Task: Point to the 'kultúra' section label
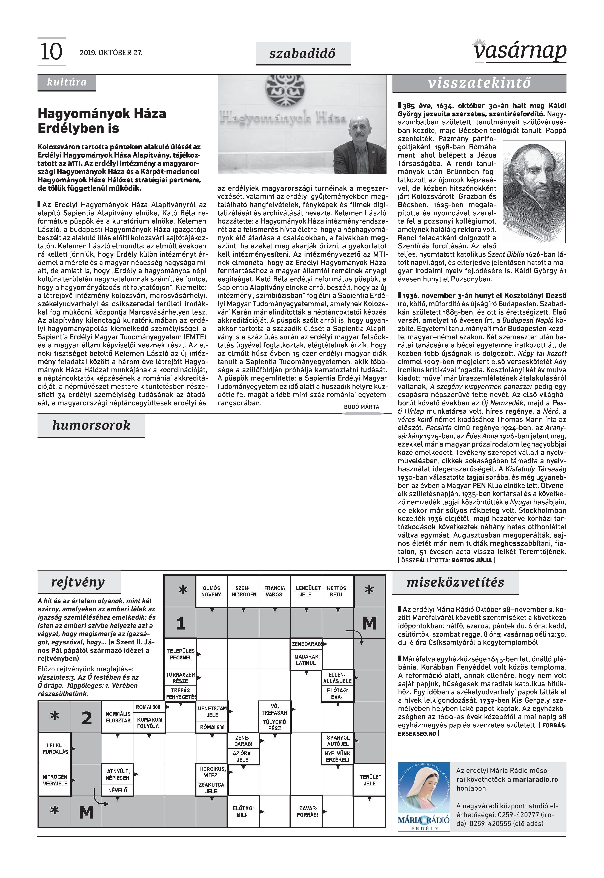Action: [x=67, y=82]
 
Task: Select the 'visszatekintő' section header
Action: [x=479, y=83]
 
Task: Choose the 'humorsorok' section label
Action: [x=91, y=425]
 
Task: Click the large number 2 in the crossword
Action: [x=87, y=718]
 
